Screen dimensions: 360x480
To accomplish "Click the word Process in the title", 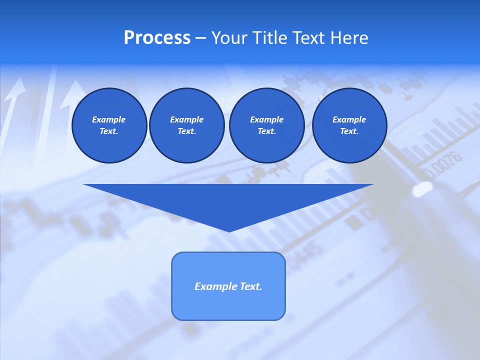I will point(157,38).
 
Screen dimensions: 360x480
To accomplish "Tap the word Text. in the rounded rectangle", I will point(250,286).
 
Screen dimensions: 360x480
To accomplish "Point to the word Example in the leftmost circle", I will point(108,119).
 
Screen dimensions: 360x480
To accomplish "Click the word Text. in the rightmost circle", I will point(349,131).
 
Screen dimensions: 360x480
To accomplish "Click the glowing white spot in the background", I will point(422,188).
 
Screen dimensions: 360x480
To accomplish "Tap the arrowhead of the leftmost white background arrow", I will point(17,85).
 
